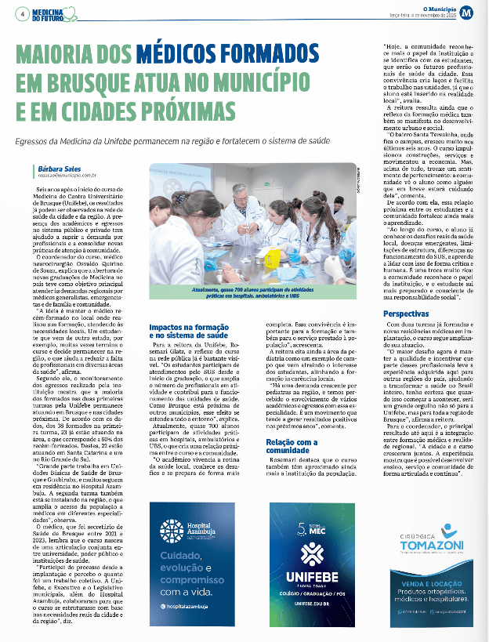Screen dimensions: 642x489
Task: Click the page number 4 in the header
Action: [24, 13]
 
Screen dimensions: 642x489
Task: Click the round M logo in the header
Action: [467, 12]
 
